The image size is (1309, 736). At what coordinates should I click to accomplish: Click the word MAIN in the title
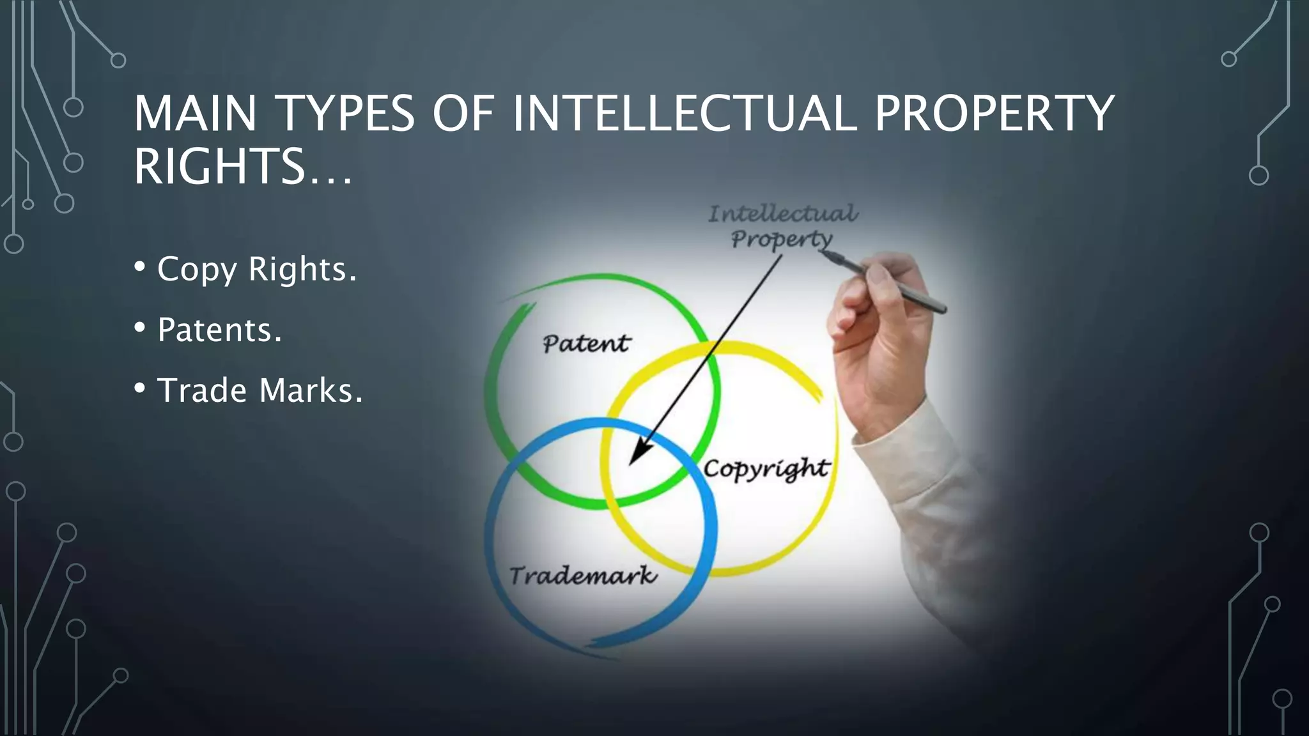(195, 114)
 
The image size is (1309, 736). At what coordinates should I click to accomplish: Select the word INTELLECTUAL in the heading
(684, 114)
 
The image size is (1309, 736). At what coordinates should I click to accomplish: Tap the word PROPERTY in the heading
(994, 114)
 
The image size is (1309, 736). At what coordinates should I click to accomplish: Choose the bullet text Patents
(219, 330)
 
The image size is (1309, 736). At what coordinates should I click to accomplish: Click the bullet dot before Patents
(140, 327)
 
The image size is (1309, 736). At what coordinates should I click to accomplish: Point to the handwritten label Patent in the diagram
(586, 344)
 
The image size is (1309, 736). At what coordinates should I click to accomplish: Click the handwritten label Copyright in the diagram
(766, 469)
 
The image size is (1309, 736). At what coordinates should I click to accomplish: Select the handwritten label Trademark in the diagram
(582, 576)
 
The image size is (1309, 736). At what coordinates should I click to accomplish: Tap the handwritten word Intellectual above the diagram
(783, 213)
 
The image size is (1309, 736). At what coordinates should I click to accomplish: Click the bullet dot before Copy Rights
(140, 266)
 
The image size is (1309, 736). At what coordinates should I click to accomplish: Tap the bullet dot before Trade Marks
(140, 388)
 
